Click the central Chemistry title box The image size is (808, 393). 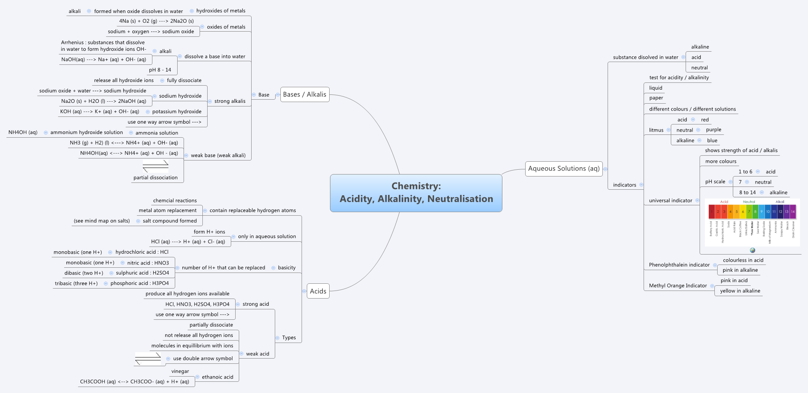click(x=416, y=193)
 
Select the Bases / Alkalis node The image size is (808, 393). click(x=305, y=94)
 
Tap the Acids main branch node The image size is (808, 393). click(x=318, y=291)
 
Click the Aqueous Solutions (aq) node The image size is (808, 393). click(x=564, y=168)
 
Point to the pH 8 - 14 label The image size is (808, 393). click(x=160, y=70)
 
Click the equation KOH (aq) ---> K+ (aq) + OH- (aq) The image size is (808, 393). click(x=100, y=111)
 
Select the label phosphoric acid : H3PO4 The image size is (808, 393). click(x=140, y=283)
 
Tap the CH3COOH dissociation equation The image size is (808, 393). click(x=134, y=381)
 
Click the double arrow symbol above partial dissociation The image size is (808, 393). click(x=156, y=166)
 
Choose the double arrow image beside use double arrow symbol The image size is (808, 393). click(x=148, y=359)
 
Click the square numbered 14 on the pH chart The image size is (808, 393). click(x=792, y=212)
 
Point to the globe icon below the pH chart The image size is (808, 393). click(x=752, y=250)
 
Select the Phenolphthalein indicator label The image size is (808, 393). click(x=679, y=265)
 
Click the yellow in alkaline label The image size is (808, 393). click(x=740, y=291)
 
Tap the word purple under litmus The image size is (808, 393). click(x=714, y=130)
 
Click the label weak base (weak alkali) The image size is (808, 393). click(x=218, y=155)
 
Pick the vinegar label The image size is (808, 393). click(x=180, y=371)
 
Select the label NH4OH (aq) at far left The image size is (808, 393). click(x=23, y=132)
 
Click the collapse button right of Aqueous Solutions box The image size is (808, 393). click(x=605, y=169)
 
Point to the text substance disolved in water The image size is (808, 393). click(x=646, y=57)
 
